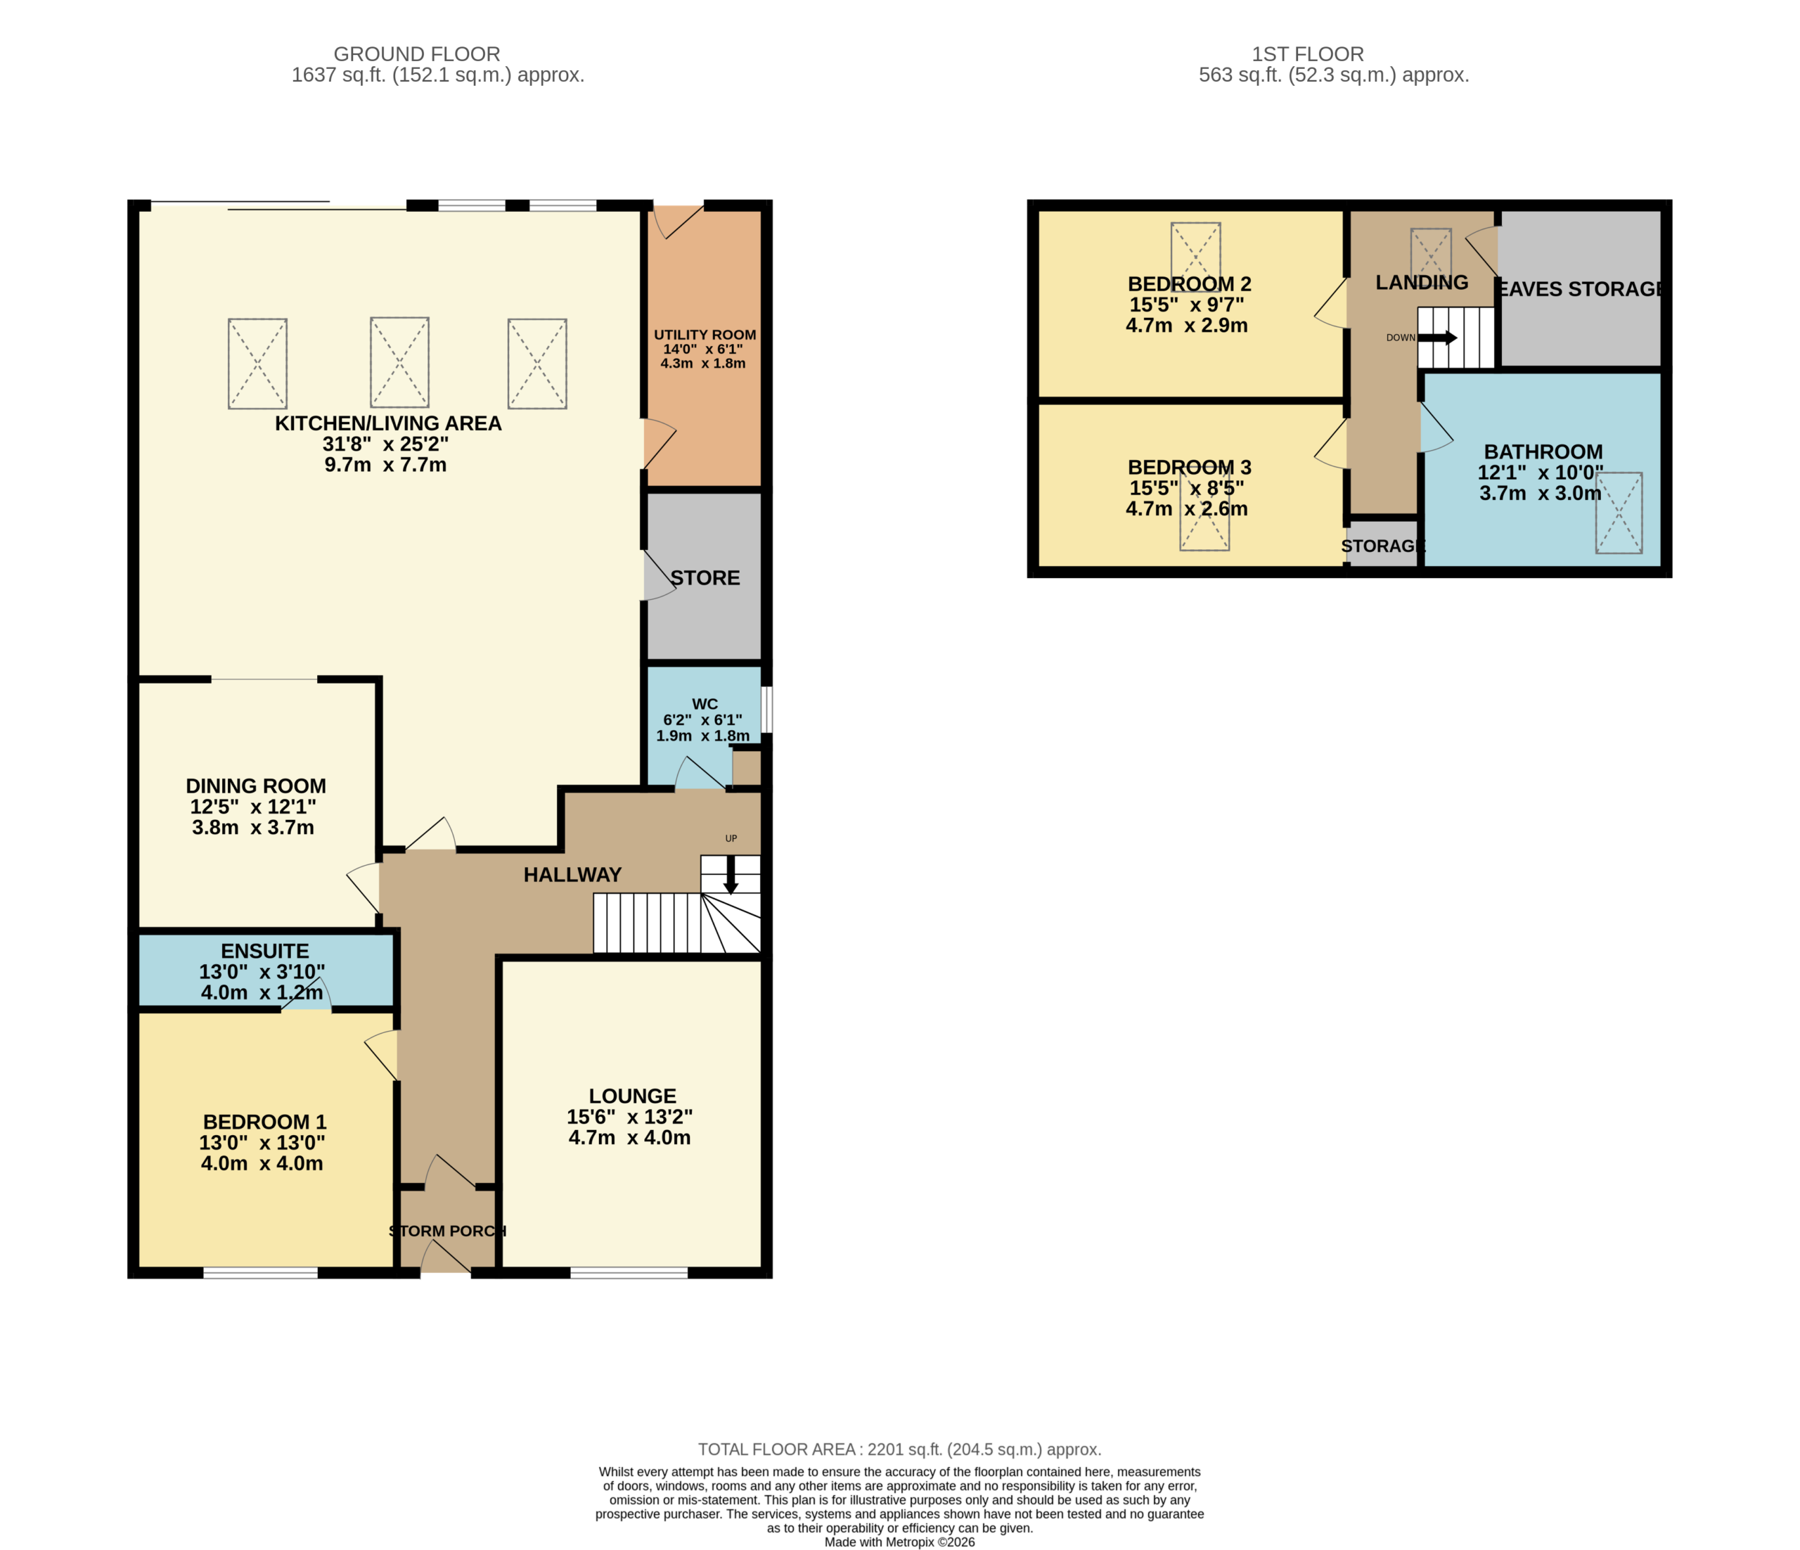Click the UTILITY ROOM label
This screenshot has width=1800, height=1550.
(x=705, y=335)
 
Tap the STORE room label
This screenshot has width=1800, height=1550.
(x=705, y=578)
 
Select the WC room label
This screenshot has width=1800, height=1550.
(x=705, y=704)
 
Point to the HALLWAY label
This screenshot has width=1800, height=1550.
(x=572, y=875)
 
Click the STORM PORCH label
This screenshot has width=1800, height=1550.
(x=447, y=1231)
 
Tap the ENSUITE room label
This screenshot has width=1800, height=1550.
(x=265, y=952)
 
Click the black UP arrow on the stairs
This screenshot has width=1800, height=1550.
(x=731, y=875)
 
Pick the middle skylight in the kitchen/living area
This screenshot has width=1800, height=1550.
(x=399, y=362)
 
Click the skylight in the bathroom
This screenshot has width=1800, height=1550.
(x=1619, y=513)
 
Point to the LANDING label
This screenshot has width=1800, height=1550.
(x=1422, y=283)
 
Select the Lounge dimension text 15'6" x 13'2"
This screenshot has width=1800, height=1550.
(x=630, y=1117)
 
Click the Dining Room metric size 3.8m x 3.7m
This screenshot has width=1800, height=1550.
(x=253, y=827)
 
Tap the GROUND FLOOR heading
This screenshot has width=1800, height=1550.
(x=417, y=54)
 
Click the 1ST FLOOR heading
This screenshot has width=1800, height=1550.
(x=1309, y=54)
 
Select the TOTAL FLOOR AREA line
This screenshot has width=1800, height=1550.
(x=900, y=1449)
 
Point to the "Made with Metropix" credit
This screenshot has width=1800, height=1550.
(x=900, y=1542)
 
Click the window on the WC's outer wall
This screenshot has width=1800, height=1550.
(x=767, y=710)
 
